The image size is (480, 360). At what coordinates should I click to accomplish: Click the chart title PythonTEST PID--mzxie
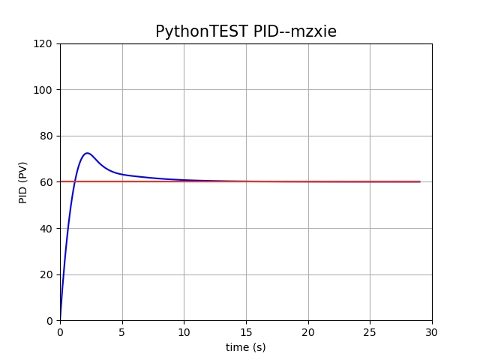point(246,31)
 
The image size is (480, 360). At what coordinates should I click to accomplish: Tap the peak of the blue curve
point(87,153)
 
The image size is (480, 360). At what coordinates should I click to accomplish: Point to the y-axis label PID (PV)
point(23,182)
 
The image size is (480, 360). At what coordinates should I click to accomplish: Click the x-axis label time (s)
point(246,347)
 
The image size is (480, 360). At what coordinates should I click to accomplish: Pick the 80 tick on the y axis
point(47,136)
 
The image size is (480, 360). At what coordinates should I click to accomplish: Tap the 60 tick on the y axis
point(47,182)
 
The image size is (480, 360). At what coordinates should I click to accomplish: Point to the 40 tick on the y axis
point(47,228)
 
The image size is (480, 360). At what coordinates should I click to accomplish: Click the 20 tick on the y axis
point(47,274)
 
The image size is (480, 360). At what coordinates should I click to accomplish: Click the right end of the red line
point(419,181)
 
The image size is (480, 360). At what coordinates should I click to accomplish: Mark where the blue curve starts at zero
point(60,320)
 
